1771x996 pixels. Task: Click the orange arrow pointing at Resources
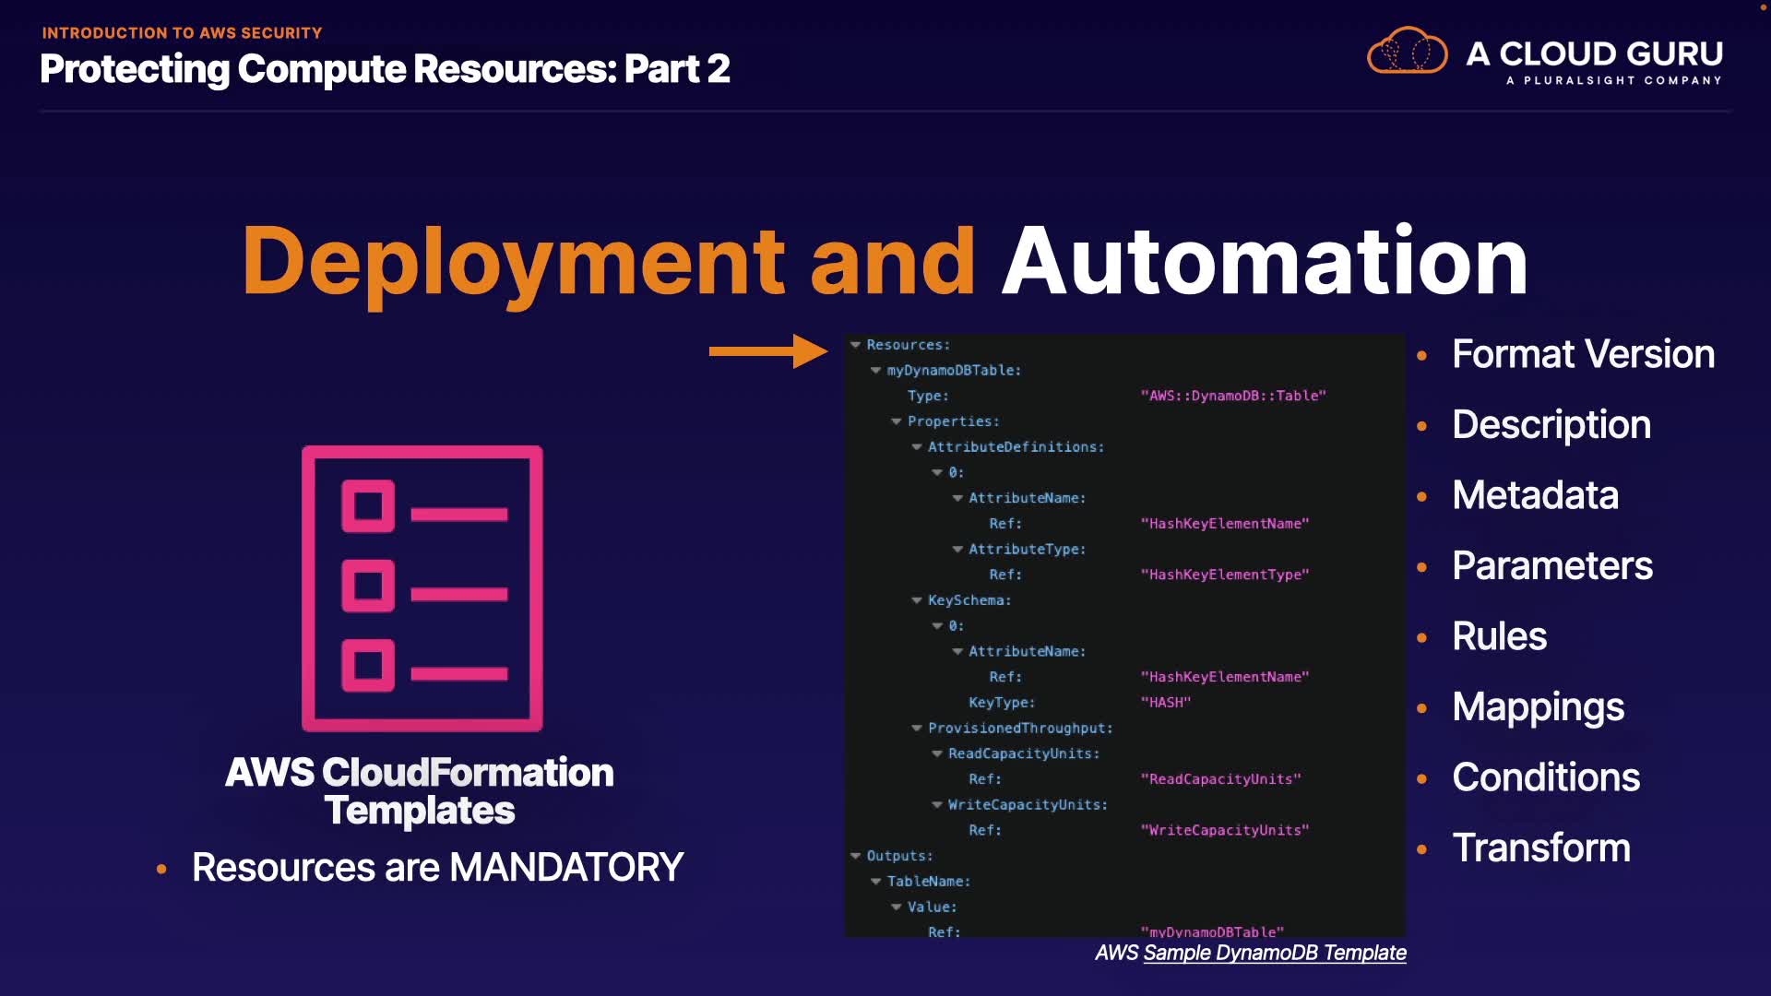[767, 350]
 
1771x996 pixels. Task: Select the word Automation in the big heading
[1265, 262]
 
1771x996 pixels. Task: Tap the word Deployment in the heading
[513, 262]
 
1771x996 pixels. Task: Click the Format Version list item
[1583, 354]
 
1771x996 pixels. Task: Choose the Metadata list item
[1535, 495]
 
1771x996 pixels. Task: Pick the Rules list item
[1499, 636]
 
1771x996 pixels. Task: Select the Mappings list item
[1538, 707]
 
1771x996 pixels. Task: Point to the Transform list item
[1540, 848]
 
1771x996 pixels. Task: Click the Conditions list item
[1546, 777]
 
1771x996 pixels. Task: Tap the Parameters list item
[1551, 565]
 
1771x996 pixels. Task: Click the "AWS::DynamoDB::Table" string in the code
[1232, 396]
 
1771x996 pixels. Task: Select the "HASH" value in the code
[1165, 703]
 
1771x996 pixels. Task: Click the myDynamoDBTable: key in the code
[954, 371]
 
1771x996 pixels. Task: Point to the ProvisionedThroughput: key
[1020, 729]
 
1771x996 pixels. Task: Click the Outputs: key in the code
[899, 856]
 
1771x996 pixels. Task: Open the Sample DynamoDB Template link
[1274, 953]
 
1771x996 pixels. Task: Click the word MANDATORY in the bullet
[565, 868]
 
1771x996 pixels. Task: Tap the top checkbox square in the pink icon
[368, 505]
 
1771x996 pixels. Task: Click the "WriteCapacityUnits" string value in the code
[1224, 830]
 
